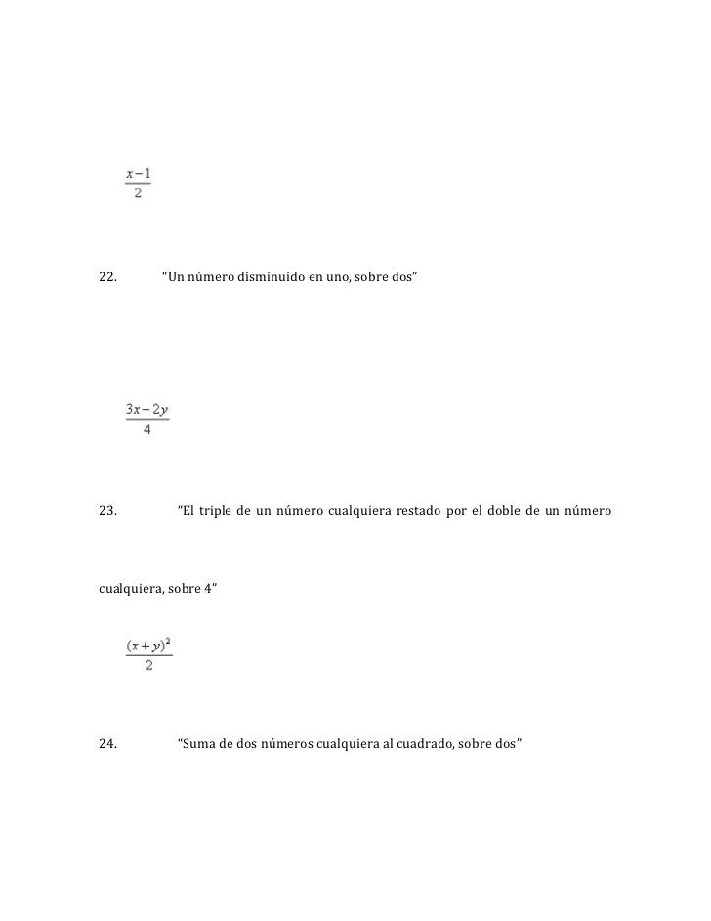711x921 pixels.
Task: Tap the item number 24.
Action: pyautogui.click(x=108, y=744)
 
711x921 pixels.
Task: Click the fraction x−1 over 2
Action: pyautogui.click(x=138, y=183)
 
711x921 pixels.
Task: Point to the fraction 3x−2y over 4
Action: pyautogui.click(x=146, y=418)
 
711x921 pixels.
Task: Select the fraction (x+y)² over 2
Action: pyautogui.click(x=148, y=655)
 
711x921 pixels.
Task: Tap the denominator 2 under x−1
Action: pyautogui.click(x=138, y=192)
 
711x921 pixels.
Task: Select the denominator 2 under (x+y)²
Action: pyautogui.click(x=148, y=666)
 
